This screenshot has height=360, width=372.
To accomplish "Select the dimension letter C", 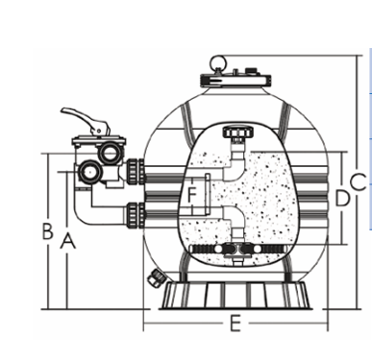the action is click(357, 180).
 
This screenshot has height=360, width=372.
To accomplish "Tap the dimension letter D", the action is click(340, 198).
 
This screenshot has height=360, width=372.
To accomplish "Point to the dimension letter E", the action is click(234, 324).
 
